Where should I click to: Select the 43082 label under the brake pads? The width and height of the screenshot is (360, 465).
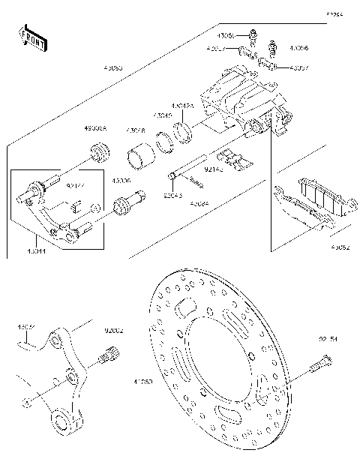(x=339, y=245)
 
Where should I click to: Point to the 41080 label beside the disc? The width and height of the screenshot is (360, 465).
(x=142, y=382)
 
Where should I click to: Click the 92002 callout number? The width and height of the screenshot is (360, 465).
(x=113, y=329)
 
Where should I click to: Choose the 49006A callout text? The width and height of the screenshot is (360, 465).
(x=95, y=129)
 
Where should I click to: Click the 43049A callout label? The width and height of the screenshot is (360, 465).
(x=182, y=106)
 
